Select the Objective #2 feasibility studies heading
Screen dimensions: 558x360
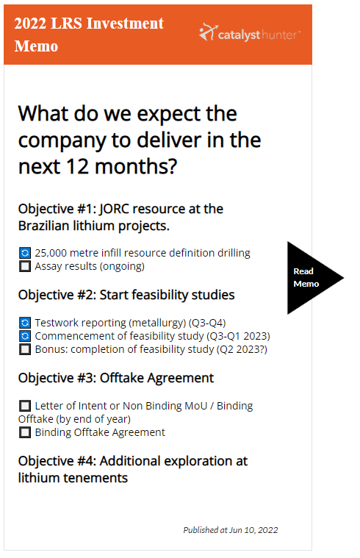coord(126,295)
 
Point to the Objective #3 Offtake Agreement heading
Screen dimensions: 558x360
coord(116,378)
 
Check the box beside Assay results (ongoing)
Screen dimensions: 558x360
coord(25,266)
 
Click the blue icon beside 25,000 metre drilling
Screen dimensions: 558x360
coord(25,253)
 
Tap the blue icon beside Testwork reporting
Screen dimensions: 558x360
coord(25,322)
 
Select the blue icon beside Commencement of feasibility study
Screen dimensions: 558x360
coord(25,336)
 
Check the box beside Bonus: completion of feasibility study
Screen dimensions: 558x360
coord(25,349)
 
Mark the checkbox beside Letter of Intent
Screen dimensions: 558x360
coord(25,406)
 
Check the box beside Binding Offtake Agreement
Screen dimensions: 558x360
coord(25,432)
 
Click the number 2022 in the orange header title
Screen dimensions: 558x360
coord(32,24)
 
